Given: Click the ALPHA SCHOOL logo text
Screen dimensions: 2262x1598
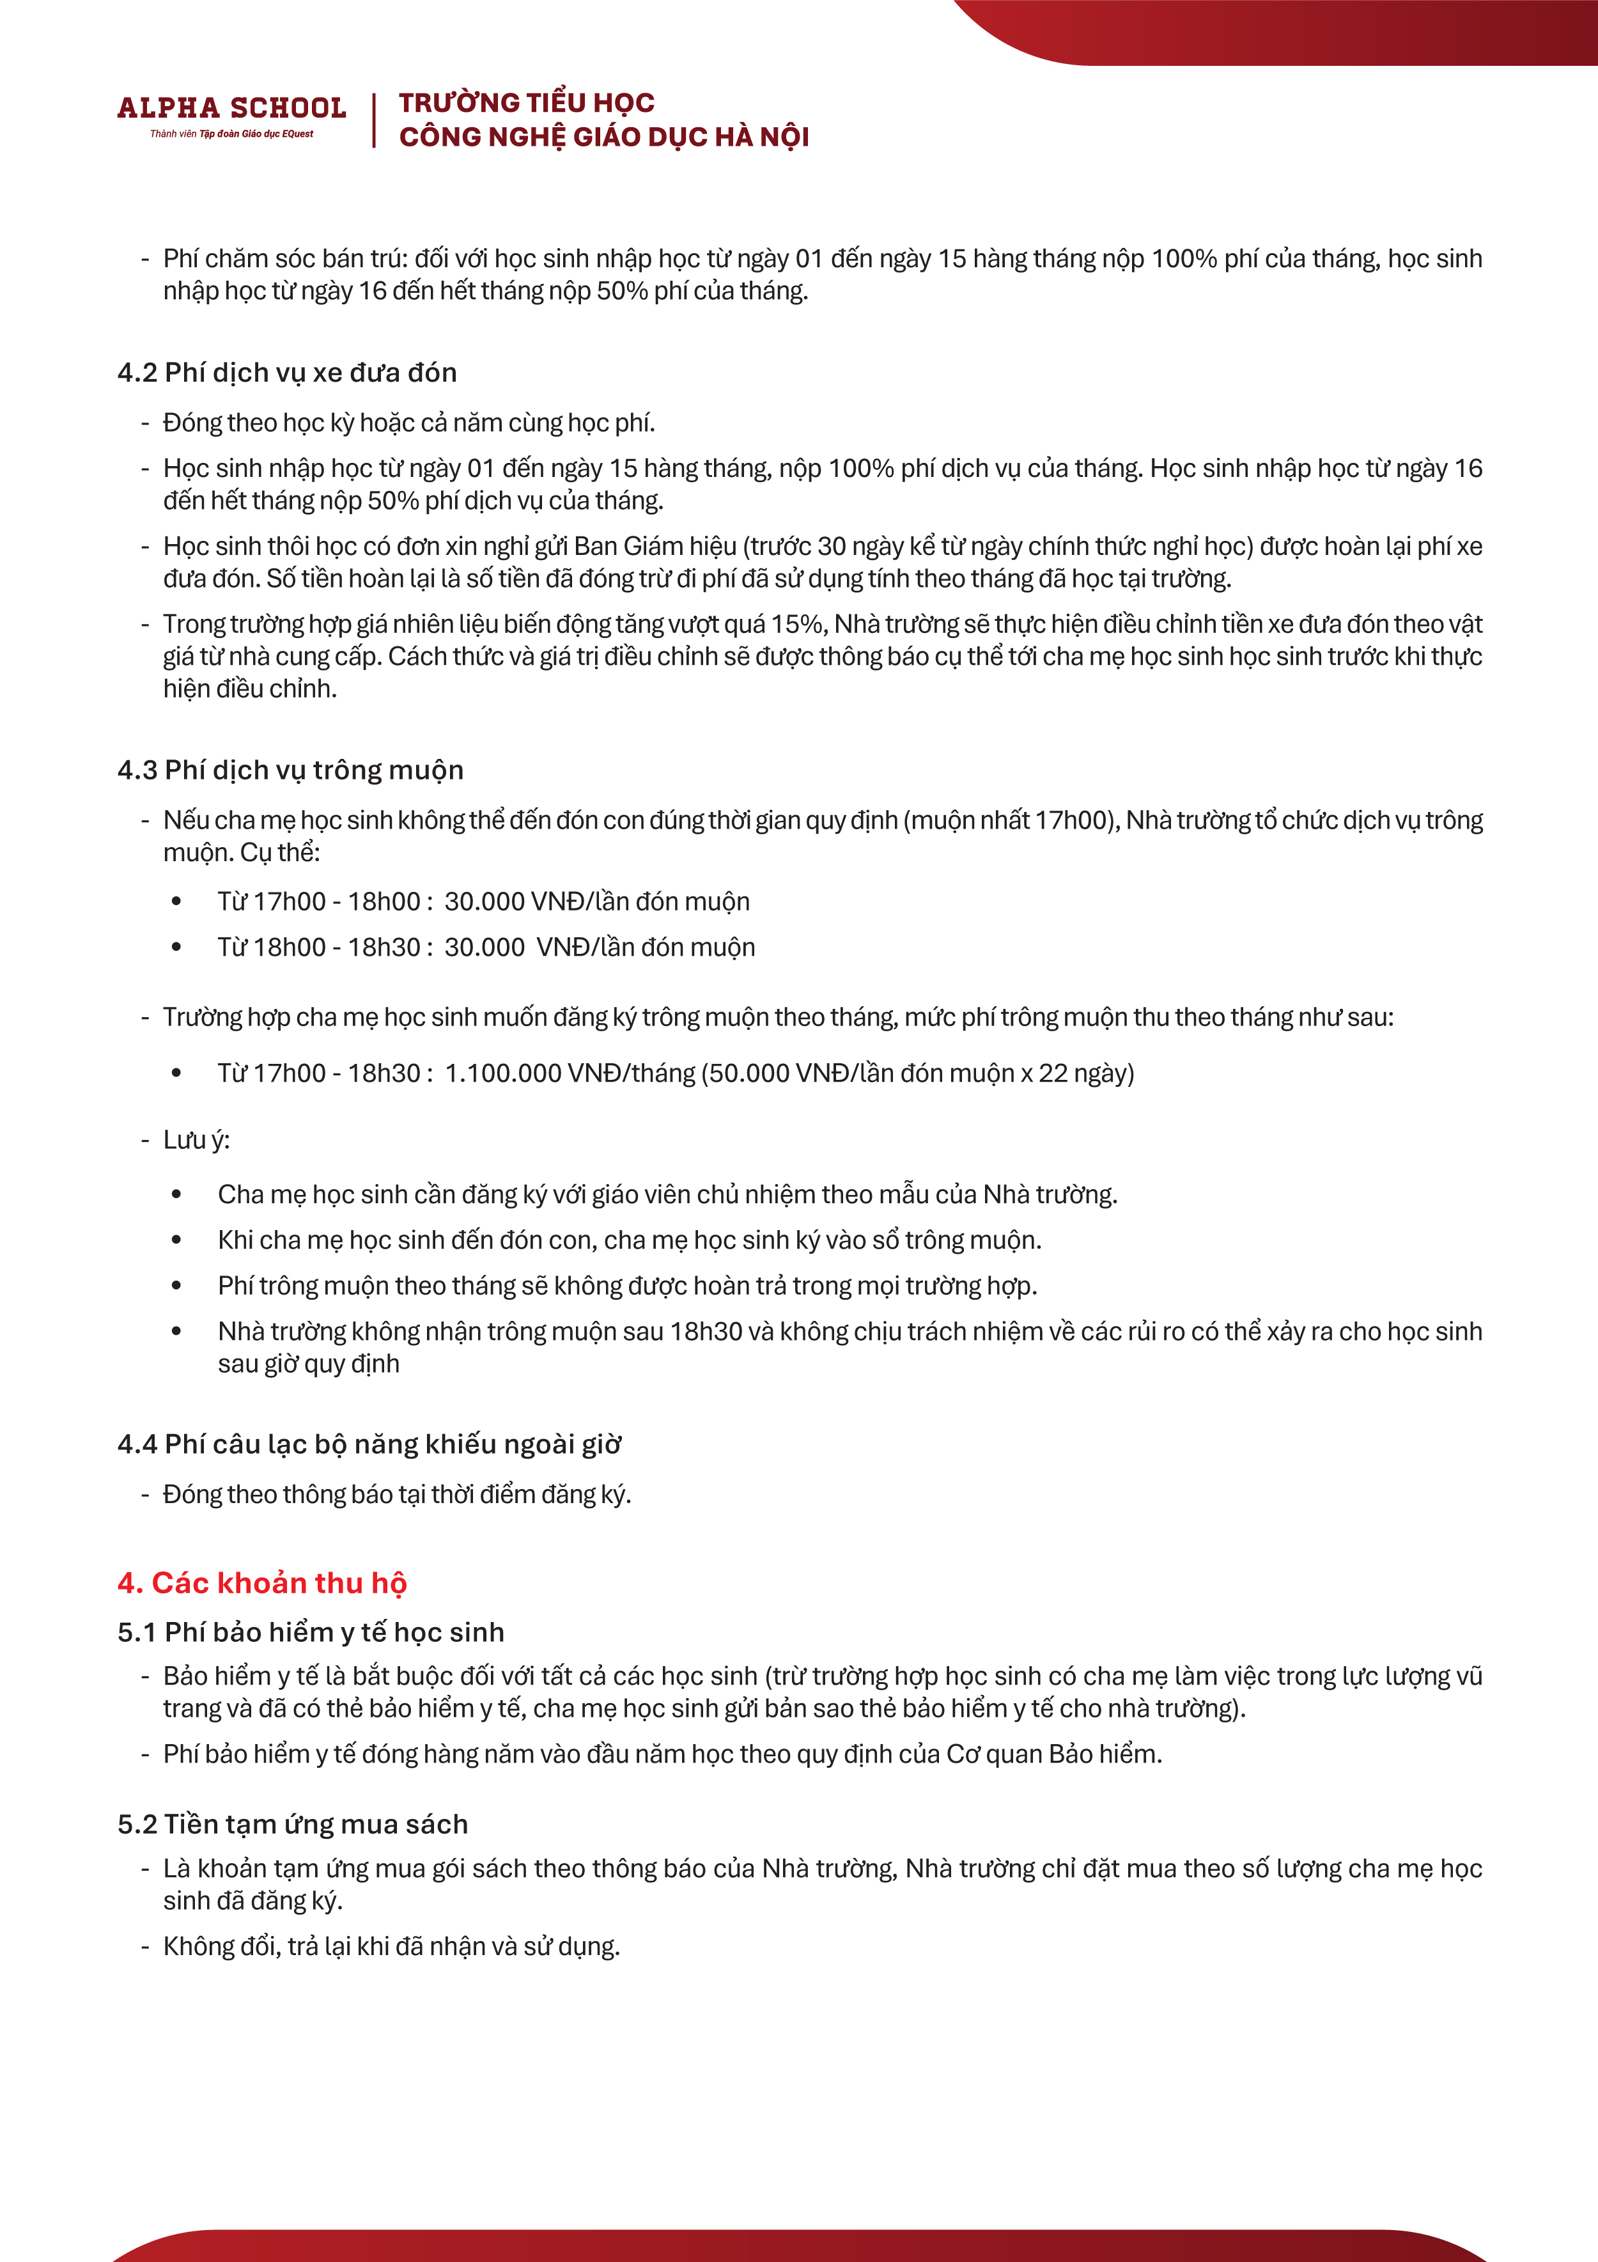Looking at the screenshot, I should (231, 107).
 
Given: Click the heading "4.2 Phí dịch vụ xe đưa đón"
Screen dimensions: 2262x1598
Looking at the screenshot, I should (287, 372).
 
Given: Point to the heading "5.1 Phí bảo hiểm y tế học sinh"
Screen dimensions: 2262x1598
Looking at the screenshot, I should (311, 1632).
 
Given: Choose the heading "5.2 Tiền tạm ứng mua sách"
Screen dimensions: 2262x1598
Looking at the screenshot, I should (293, 1823).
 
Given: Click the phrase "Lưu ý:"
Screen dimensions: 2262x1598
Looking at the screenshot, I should (196, 1140).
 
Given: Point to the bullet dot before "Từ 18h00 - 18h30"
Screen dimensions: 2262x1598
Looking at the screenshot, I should (176, 947).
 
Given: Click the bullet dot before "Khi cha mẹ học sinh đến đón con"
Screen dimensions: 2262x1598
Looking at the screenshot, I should (176, 1240).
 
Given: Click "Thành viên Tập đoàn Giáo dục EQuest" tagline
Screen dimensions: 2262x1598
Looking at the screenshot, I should (231, 134).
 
